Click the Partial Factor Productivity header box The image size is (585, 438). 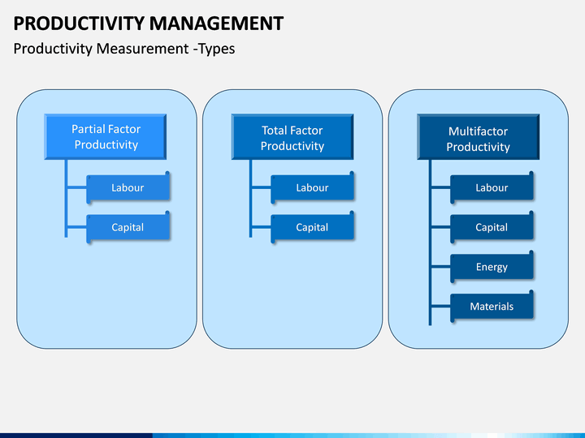click(105, 137)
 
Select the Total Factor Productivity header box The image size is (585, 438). click(292, 137)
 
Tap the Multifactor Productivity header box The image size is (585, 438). click(478, 137)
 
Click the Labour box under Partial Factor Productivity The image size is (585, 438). click(128, 187)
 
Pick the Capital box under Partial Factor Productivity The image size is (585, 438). click(128, 228)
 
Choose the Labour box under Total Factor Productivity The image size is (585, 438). click(312, 187)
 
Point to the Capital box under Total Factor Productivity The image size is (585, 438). click(312, 228)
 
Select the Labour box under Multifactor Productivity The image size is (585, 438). click(492, 187)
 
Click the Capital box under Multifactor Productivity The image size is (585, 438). click(492, 228)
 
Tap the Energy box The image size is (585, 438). click(492, 267)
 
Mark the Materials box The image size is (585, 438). click(492, 307)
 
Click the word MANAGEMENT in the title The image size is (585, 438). click(217, 24)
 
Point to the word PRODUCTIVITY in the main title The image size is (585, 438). click(79, 24)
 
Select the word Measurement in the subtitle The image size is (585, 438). click(142, 49)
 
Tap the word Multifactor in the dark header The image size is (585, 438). click(478, 131)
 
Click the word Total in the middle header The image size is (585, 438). click(275, 131)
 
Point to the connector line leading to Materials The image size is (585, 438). click(440, 307)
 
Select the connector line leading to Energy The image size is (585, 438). click(440, 267)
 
